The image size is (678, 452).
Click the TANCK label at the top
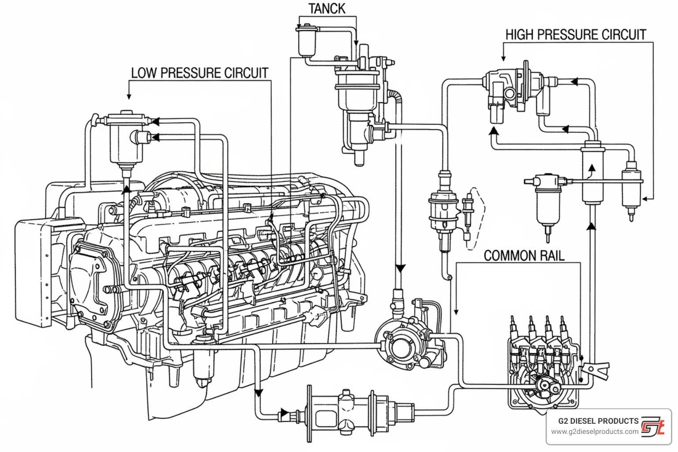pos(327,9)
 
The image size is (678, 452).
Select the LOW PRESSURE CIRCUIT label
pos(200,73)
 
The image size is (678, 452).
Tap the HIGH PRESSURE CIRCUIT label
pos(575,34)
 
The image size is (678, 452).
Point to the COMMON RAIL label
pos(524,255)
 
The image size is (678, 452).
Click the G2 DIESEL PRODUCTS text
pos(598,421)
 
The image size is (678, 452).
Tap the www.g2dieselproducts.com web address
pos(594,432)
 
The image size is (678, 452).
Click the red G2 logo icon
pos(652,426)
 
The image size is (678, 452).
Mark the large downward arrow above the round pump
pos(400,268)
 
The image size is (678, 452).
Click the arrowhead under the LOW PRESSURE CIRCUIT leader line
pos(129,96)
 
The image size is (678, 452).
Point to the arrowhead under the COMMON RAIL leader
pos(456,312)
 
